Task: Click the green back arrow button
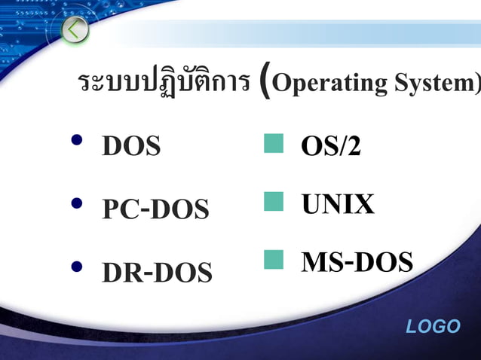75,30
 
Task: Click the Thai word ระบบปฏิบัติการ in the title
164,83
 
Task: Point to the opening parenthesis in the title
264,83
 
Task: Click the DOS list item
131,146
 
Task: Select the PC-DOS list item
155,209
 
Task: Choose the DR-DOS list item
157,273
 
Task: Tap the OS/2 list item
330,146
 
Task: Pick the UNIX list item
338,205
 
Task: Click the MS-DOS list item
357,262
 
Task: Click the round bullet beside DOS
76,141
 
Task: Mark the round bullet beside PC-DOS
76,203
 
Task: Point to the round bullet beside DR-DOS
76,267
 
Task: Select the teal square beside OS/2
274,143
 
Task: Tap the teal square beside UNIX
274,201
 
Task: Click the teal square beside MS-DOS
274,260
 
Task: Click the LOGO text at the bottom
433,326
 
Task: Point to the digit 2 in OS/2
352,147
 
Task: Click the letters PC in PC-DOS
119,209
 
